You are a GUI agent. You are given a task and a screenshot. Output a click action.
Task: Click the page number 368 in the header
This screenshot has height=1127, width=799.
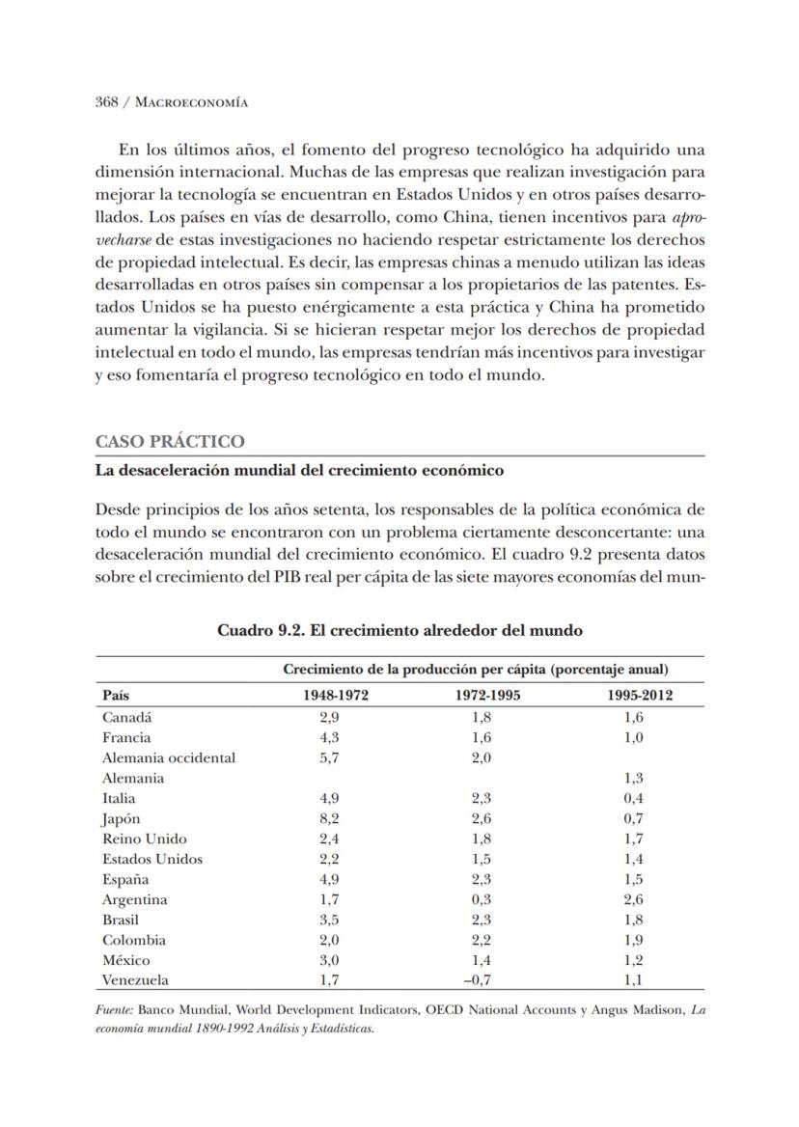[x=107, y=101]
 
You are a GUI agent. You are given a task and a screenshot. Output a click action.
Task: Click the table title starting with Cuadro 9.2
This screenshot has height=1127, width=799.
[x=399, y=631]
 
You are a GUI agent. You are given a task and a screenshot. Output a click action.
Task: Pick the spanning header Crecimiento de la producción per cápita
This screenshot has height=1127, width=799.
[x=475, y=669]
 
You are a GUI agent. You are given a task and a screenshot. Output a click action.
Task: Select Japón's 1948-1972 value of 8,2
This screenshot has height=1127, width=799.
[x=329, y=818]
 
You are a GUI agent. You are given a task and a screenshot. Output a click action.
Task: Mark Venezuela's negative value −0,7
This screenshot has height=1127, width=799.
[x=479, y=980]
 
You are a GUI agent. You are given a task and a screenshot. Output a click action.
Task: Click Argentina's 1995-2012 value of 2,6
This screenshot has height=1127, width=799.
[x=634, y=899]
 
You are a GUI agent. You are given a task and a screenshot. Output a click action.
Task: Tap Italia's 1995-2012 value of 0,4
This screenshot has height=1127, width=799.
[x=634, y=798]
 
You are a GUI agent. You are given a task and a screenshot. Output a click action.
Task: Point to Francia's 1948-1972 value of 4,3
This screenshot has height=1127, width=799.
[x=329, y=737]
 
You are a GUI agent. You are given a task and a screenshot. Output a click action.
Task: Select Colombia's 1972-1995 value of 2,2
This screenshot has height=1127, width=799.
[x=482, y=940]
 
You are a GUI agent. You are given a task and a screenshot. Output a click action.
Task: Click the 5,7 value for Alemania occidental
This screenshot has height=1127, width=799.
[x=329, y=757]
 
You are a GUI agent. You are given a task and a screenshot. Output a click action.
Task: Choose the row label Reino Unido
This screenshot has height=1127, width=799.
[x=145, y=838]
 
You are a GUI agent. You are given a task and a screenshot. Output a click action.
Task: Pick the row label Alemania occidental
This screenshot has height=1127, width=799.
[x=168, y=757]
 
